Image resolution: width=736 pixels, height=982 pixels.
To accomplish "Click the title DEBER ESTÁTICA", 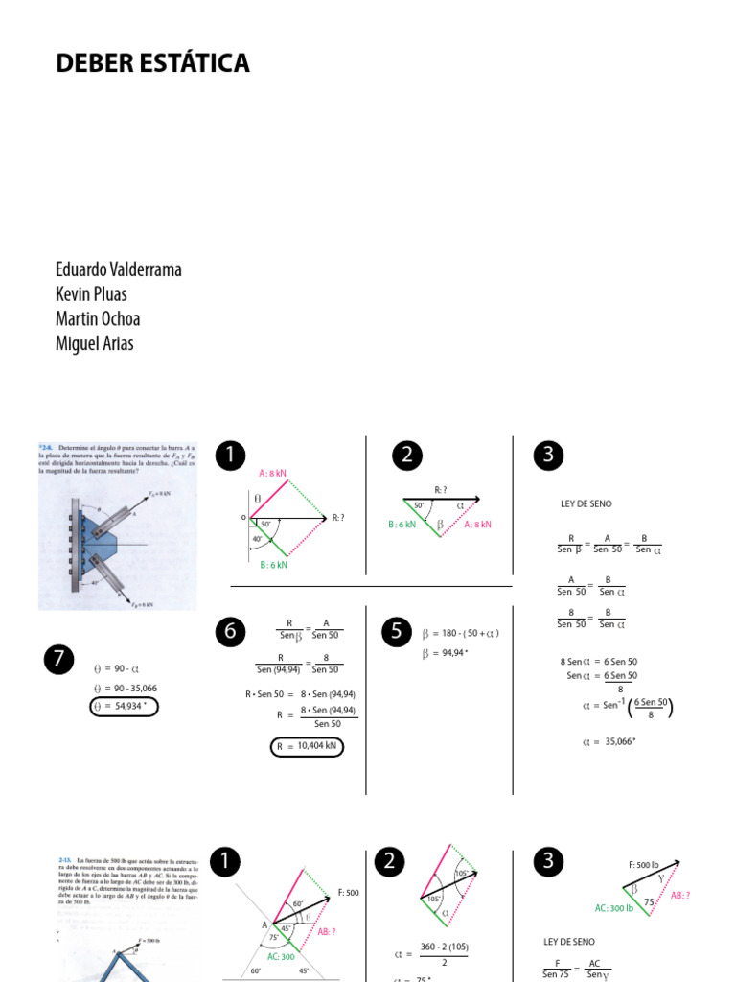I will click(152, 63).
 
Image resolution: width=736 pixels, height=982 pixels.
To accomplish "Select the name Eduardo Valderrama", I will click(119, 269).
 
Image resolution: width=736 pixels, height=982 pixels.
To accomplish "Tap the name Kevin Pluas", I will click(91, 294).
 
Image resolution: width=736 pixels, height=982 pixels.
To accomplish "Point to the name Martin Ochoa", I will click(98, 318).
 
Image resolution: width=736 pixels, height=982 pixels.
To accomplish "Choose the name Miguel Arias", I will click(95, 343).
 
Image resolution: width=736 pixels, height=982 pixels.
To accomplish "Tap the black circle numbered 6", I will click(230, 630).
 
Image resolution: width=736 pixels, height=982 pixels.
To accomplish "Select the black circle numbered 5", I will click(396, 630).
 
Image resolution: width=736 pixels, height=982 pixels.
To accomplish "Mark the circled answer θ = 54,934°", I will click(124, 707).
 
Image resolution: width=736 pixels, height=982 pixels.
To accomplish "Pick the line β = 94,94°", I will click(445, 653).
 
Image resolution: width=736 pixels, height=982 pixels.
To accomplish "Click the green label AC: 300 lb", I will click(614, 907).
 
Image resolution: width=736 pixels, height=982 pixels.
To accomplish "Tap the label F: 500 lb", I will click(643, 865).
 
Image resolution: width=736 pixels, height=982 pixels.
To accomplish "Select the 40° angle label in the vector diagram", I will click(258, 539).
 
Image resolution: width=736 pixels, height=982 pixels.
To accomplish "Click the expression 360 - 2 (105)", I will click(443, 947).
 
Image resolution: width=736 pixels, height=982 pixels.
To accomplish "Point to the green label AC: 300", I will click(280, 956).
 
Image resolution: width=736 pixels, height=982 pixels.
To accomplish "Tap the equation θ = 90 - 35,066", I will click(125, 688).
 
